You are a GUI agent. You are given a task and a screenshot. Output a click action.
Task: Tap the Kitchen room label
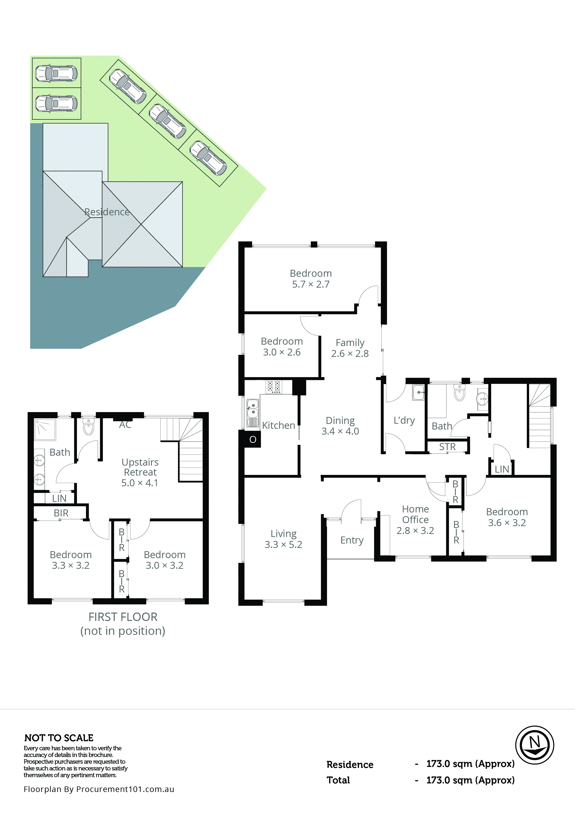click(278, 426)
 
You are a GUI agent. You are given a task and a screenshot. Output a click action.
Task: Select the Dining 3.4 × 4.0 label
click(340, 426)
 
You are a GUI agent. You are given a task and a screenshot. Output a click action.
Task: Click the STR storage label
click(447, 447)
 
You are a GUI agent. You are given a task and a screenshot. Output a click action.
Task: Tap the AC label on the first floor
click(125, 425)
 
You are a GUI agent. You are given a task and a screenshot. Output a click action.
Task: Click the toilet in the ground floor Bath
click(459, 392)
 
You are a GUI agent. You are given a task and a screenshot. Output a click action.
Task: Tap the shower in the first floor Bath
click(45, 429)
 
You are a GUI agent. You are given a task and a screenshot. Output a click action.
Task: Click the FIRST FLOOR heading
click(123, 617)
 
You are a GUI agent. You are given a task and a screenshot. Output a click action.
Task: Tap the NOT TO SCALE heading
click(59, 738)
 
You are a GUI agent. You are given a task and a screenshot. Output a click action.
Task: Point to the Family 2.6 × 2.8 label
click(350, 348)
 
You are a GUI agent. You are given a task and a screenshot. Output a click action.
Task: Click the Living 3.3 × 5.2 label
click(283, 539)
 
